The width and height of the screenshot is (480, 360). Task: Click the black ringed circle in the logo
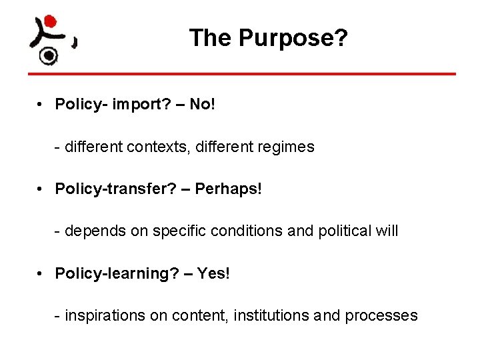[48, 56]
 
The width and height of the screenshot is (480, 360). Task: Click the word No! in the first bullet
[203, 105]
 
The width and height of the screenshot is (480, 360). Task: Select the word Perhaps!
[229, 189]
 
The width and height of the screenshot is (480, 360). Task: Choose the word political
[339, 231]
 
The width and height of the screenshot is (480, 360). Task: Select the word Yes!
[213, 273]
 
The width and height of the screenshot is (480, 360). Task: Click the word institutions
[271, 315]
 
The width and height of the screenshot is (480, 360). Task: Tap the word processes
[381, 315]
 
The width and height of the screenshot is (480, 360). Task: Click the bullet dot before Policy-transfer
[41, 189]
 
